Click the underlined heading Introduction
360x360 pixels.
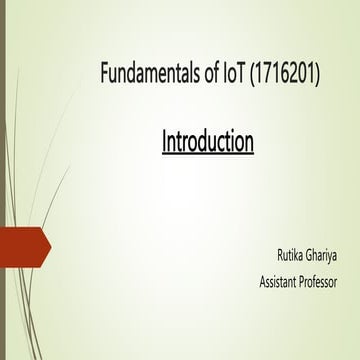(208, 142)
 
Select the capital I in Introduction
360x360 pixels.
(165, 142)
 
